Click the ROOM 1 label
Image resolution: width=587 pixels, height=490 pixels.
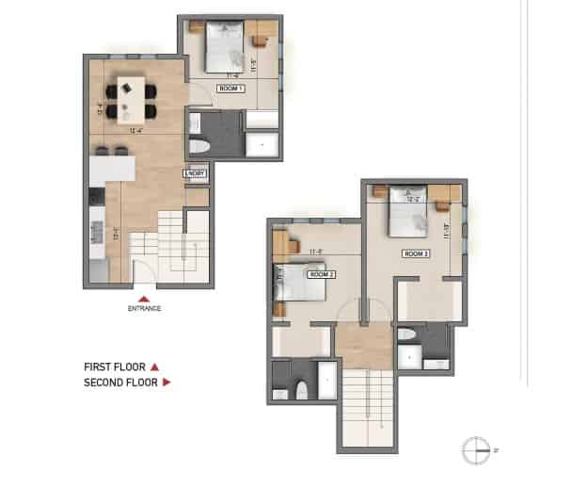click(x=230, y=88)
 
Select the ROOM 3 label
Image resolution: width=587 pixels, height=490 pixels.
click(x=416, y=253)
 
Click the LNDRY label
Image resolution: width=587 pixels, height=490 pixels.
click(x=196, y=173)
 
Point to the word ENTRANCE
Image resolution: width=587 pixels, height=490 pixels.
click(x=145, y=308)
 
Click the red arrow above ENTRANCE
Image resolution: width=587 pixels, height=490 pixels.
click(x=144, y=294)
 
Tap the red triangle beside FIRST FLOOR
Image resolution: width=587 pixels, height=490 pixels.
click(x=155, y=367)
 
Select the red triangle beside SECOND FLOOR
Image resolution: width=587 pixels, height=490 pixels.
click(x=167, y=383)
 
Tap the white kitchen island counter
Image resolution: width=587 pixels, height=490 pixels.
click(x=113, y=171)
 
